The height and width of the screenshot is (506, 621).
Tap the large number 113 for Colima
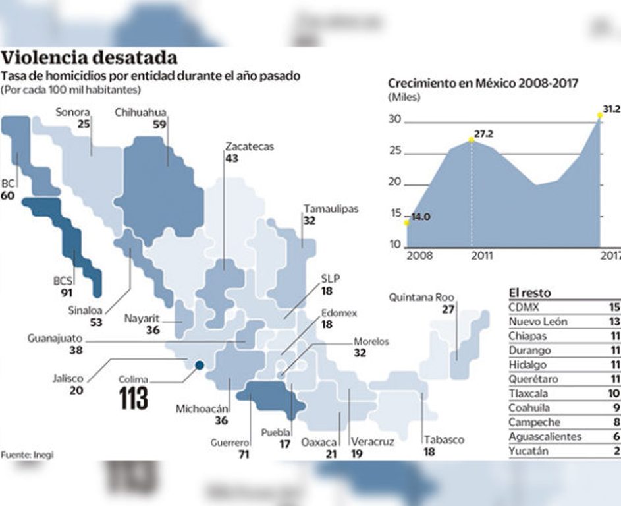pos(134,399)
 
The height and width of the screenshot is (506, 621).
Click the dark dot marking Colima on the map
pos(199,365)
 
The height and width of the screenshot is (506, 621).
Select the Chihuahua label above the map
pos(140,112)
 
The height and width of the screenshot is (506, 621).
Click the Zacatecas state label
pos(249,146)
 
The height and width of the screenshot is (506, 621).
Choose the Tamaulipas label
pos(331,209)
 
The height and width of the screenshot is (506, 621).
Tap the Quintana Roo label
pos(421,296)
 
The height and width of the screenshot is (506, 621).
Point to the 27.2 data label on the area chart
pos(483,134)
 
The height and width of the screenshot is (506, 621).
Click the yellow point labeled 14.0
pos(407,223)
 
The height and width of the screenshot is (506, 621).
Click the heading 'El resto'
pos(529,293)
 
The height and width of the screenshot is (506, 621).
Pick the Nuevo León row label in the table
pos(537,322)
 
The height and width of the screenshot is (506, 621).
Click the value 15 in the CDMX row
pos(614,307)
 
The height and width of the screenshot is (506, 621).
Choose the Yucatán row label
pos(529,451)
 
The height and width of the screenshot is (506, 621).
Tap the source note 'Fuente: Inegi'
pos(26,455)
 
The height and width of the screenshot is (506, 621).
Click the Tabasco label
pos(444,439)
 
